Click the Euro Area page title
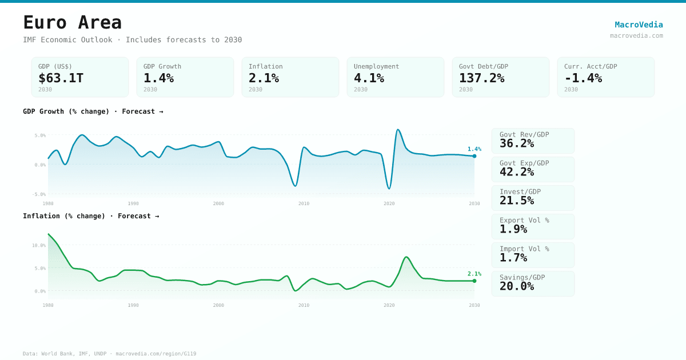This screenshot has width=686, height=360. coord(73,23)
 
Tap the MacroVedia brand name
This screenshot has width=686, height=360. coord(639,25)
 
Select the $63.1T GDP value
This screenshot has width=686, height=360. coord(61,78)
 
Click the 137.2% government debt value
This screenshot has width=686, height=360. coord(481,78)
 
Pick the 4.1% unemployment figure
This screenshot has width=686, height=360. coord(369,78)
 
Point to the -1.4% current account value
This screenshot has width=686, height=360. coord(583,78)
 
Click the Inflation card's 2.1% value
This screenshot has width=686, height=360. coord(264,78)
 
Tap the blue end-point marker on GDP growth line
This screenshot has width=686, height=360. coord(474,156)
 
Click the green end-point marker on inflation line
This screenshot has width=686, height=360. coord(474,281)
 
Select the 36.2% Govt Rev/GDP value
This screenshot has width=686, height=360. coord(517,143)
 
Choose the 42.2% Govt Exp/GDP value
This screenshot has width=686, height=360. coord(517,172)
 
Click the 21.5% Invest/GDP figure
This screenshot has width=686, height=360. coord(517,201)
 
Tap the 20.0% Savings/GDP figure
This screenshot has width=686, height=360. coord(517,286)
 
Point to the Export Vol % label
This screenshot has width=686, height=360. coord(524,220)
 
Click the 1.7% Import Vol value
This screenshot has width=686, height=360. coord(513,258)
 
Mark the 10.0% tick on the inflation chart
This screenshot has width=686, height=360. coord(39,245)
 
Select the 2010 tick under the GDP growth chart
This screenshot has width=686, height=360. coord(304,203)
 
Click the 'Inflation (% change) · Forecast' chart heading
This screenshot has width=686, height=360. coord(91,216)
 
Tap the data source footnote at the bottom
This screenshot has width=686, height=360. coord(109,354)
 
